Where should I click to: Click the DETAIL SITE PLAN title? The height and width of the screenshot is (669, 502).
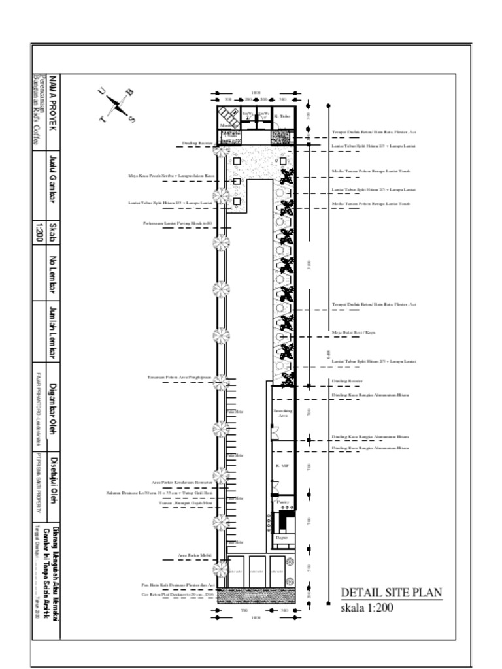coord(392,593)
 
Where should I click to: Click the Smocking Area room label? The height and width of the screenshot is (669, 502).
coord(282,412)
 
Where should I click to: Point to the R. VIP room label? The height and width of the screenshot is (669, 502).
coord(282,465)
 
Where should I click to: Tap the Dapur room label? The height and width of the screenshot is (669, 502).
coord(282,537)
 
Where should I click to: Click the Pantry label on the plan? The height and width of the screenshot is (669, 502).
coord(282,502)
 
